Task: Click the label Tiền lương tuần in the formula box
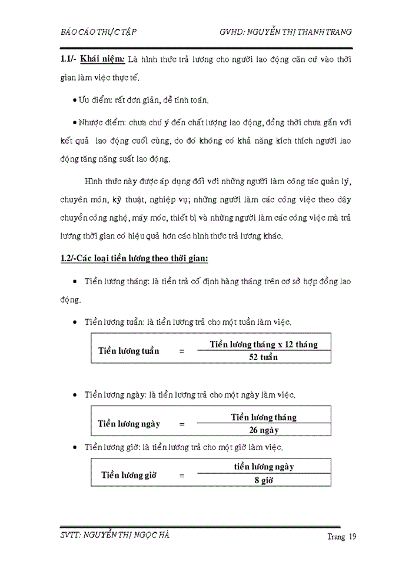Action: [128, 351]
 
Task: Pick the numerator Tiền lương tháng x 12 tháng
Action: [264, 344]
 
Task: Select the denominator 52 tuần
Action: [264, 357]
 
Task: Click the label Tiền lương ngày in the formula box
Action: [129, 424]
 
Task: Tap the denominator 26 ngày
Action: [264, 430]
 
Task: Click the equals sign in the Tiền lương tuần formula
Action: [182, 351]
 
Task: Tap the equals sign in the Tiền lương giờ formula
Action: [182, 475]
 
